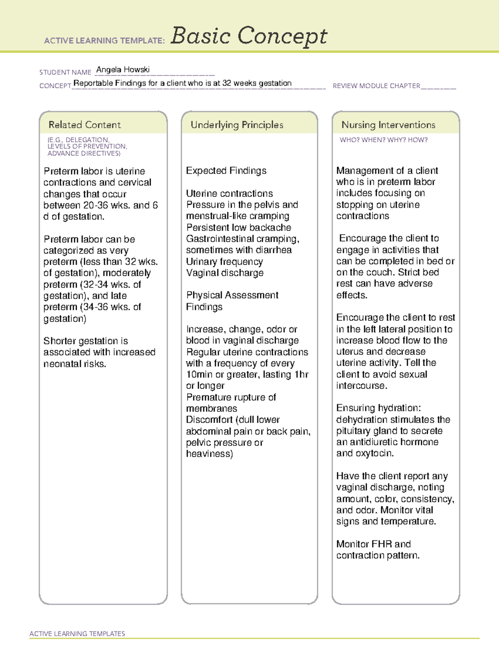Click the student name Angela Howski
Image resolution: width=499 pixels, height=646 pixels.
point(123,70)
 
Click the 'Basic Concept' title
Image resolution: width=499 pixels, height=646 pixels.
point(249,36)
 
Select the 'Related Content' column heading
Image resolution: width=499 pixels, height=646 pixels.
point(84,125)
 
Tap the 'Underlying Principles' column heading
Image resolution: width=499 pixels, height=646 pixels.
point(237,125)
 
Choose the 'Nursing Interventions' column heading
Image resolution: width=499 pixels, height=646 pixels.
point(388,125)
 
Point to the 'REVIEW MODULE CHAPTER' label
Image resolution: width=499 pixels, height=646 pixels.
point(376,86)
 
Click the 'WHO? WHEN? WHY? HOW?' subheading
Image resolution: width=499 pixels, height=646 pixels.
point(383,140)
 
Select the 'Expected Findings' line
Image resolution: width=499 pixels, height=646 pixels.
point(226,171)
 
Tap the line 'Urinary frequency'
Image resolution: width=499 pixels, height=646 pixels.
point(224,262)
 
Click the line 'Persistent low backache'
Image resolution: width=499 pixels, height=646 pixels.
point(238,228)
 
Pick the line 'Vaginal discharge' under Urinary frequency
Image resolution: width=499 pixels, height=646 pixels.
point(225,273)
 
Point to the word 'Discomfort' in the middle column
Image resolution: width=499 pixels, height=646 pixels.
point(209,420)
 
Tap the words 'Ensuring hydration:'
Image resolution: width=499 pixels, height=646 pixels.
point(378,408)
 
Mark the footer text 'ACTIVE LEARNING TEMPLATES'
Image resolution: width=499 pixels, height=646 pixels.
point(77,634)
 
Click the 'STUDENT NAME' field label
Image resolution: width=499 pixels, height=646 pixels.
point(65,72)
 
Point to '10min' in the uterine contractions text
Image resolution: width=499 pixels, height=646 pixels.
point(199,374)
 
